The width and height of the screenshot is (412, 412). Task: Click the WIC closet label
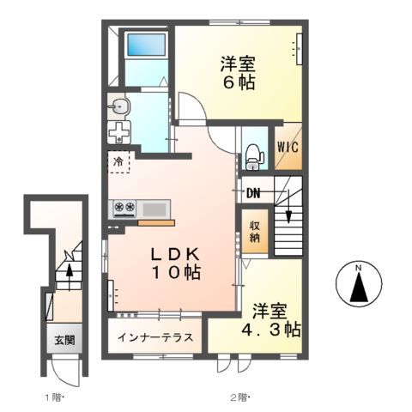287,146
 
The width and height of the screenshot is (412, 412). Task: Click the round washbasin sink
119,107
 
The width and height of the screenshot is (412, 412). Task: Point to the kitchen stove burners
124,208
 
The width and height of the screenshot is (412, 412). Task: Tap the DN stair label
253,192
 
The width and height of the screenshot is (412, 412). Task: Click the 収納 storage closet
255,232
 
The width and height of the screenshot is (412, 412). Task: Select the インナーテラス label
156,336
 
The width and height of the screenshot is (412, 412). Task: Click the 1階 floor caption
53,397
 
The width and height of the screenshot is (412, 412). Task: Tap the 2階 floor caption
238,397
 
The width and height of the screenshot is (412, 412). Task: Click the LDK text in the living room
175,255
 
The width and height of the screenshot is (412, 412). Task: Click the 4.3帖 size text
270,330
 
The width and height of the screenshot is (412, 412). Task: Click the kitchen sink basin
154,208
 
